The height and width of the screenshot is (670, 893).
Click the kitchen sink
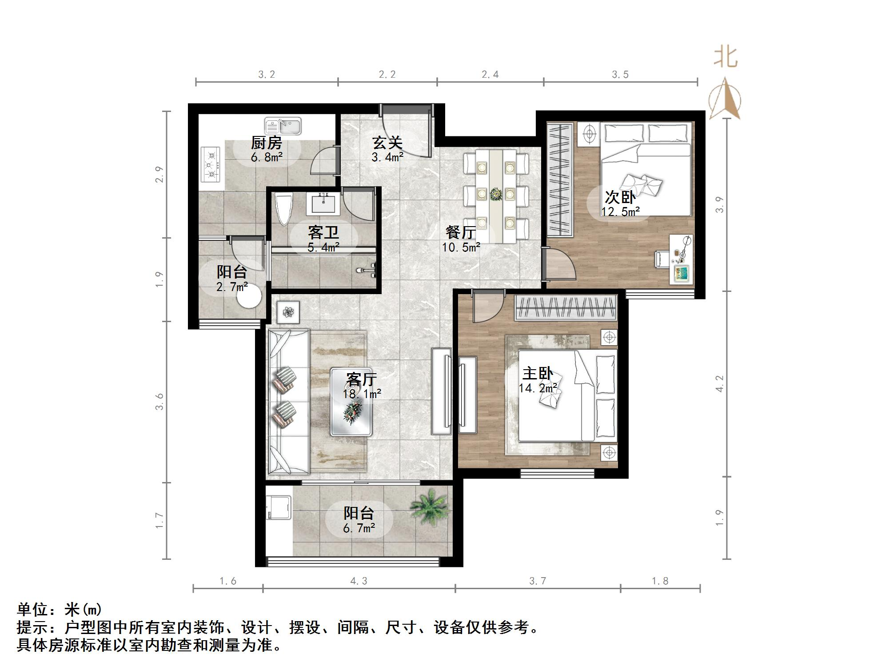click(x=283, y=126)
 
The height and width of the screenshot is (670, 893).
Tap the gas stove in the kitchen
click(x=211, y=164)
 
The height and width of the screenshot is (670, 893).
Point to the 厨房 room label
click(x=267, y=143)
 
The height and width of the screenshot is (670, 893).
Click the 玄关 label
click(x=387, y=143)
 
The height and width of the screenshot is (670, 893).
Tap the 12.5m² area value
click(x=621, y=211)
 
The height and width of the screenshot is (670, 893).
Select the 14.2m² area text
click(x=538, y=388)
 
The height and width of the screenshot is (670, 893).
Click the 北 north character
click(x=726, y=58)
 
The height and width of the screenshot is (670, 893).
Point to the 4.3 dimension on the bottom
click(x=359, y=581)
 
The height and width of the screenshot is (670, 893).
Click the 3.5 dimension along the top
click(x=620, y=74)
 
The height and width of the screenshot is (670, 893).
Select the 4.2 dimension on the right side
click(x=720, y=384)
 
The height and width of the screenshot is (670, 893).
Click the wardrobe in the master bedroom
click(x=566, y=308)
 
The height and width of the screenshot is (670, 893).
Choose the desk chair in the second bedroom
click(x=661, y=259)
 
